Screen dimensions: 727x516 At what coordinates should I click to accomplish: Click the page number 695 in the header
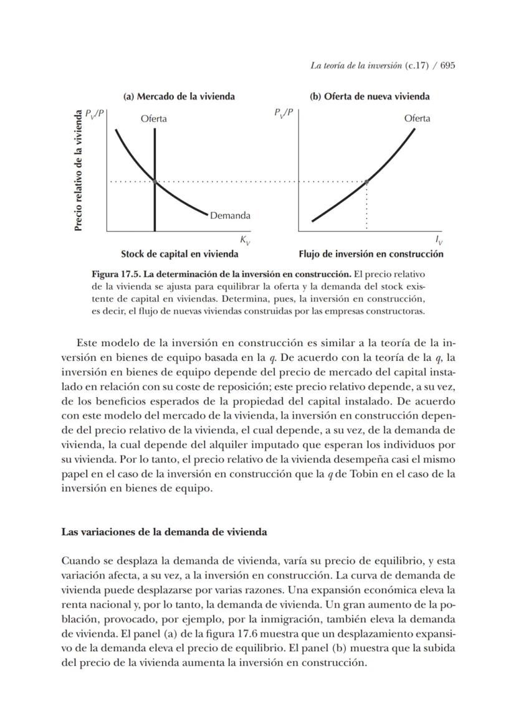(x=447, y=66)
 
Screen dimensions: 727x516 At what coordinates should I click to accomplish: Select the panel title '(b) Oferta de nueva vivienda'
(x=370, y=96)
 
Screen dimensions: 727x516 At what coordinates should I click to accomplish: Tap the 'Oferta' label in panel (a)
(x=153, y=118)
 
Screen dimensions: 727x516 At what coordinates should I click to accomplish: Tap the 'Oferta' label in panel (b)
(x=417, y=118)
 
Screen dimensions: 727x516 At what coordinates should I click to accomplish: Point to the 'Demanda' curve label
(x=230, y=215)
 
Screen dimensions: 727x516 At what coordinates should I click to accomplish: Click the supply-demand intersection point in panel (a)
(x=154, y=181)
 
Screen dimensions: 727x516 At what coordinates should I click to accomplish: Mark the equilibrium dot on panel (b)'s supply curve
(x=366, y=181)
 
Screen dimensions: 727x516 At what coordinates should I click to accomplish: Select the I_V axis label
(x=439, y=240)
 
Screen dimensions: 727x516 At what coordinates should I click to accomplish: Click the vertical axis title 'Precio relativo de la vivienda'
(x=79, y=171)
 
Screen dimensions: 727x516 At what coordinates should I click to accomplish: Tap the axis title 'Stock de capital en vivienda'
(x=179, y=254)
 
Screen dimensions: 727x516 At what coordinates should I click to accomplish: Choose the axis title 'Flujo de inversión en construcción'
(x=371, y=254)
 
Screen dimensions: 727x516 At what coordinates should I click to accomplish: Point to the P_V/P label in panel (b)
(x=284, y=114)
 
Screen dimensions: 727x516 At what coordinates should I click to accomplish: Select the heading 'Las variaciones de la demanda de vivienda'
(x=164, y=532)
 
